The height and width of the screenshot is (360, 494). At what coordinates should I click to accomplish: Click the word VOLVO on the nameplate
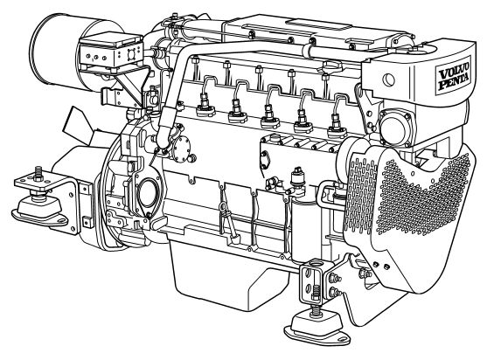(454, 73)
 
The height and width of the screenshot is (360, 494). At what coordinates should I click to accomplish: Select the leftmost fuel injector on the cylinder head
(205, 106)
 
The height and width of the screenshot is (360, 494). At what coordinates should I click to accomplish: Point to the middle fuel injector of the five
(270, 116)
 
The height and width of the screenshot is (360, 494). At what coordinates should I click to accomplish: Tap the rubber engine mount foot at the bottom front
(317, 329)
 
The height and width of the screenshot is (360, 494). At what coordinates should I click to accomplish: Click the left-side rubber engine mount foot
(40, 210)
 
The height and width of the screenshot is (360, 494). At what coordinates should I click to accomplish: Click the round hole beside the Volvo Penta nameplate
(389, 80)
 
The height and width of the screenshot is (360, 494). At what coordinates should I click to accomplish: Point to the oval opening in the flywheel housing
(147, 193)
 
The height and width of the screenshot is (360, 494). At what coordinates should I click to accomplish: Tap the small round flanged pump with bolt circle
(182, 149)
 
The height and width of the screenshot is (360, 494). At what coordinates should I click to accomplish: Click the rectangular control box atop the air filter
(111, 52)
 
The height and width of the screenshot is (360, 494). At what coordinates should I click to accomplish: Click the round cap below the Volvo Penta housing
(394, 127)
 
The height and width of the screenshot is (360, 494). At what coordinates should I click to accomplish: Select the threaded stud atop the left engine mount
(38, 173)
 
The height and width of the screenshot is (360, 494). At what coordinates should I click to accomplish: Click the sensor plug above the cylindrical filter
(297, 177)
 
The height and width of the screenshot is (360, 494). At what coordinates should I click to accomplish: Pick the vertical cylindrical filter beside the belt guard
(304, 225)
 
